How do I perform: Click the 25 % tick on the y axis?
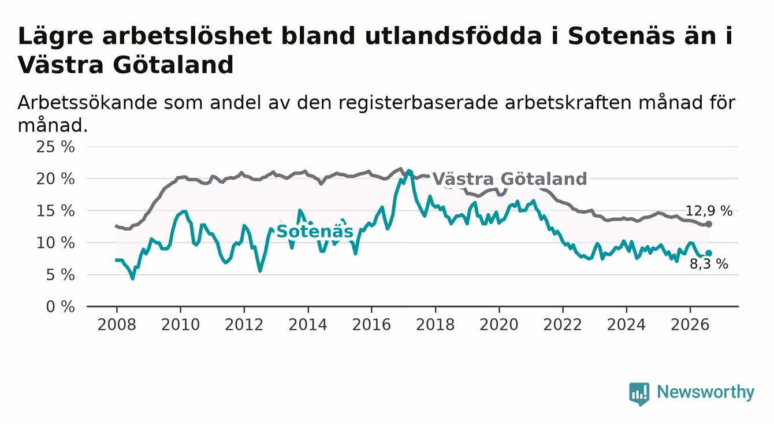tap(55, 147)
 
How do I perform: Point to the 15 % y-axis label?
tap(55, 211)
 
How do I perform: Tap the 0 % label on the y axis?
tap(60, 307)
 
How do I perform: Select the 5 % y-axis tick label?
tap(60, 275)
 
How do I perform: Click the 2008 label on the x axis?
tap(117, 325)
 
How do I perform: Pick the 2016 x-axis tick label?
tap(371, 325)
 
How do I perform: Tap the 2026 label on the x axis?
tap(690, 325)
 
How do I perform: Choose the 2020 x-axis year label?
tap(499, 325)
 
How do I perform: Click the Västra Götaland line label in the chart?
tap(509, 179)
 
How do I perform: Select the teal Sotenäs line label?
tap(315, 232)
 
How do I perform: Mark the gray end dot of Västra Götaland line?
tap(709, 224)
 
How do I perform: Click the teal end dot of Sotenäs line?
tap(709, 253)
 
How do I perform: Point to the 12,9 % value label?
tap(709, 211)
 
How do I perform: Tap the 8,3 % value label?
tap(709, 265)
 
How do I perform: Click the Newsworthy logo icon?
tap(639, 394)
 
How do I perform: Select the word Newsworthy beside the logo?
tap(706, 392)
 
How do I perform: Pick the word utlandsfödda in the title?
tap(453, 36)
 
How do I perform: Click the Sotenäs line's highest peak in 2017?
tap(409, 170)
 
